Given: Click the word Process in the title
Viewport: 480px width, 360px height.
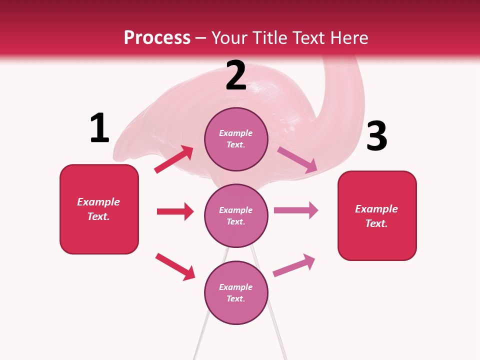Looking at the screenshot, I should coord(157,38).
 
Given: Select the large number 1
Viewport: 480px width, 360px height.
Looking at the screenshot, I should coord(99,128).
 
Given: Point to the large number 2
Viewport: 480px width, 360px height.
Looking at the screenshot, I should coord(236,76).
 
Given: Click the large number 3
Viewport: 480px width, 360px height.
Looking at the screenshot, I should coord(377,136).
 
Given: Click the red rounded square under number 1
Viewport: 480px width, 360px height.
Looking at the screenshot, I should coord(99,209).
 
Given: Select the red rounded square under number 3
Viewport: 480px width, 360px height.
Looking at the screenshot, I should coord(377,215).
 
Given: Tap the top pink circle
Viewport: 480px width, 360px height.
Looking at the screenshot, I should coord(236,139).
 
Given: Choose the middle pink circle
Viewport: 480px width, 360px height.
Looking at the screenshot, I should coord(236,215).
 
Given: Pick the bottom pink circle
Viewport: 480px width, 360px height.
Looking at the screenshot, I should coord(236,292).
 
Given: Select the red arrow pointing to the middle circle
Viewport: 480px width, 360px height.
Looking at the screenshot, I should coord(175,211).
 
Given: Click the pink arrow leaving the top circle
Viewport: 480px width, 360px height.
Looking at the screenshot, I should coord(297,160).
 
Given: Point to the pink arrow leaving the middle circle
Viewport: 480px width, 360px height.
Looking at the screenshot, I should coord(296,210).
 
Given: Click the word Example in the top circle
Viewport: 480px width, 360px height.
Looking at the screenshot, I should coord(236,133).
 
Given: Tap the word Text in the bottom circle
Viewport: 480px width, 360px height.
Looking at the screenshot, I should coord(235,298).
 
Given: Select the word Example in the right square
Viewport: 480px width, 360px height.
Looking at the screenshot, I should coord(376,209).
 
